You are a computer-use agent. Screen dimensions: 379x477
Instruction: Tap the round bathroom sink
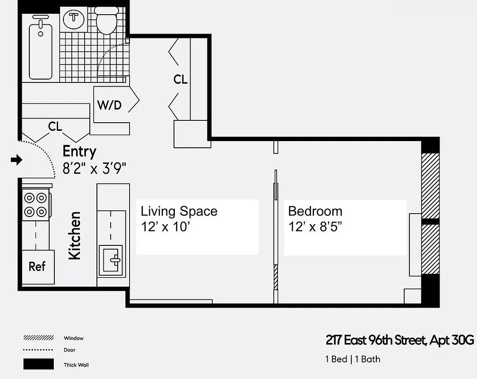(74, 18)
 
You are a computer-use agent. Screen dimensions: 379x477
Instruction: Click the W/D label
(109, 105)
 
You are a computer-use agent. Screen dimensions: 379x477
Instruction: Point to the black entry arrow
(17, 160)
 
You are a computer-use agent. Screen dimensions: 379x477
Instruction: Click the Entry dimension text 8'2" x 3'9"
(95, 167)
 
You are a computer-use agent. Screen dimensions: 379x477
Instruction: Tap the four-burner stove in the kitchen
(36, 204)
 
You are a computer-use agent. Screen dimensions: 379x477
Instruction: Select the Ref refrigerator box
(37, 266)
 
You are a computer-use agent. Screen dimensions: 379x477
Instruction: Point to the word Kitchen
(75, 235)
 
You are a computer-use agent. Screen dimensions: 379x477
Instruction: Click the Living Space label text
(179, 211)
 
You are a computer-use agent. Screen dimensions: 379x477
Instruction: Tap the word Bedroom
(315, 211)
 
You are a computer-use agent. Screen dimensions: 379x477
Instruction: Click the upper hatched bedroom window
(430, 185)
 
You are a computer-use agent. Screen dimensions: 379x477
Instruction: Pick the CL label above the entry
(55, 126)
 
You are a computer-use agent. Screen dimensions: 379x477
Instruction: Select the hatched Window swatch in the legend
(38, 338)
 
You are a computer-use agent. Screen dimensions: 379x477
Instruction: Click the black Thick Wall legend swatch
(38, 364)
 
